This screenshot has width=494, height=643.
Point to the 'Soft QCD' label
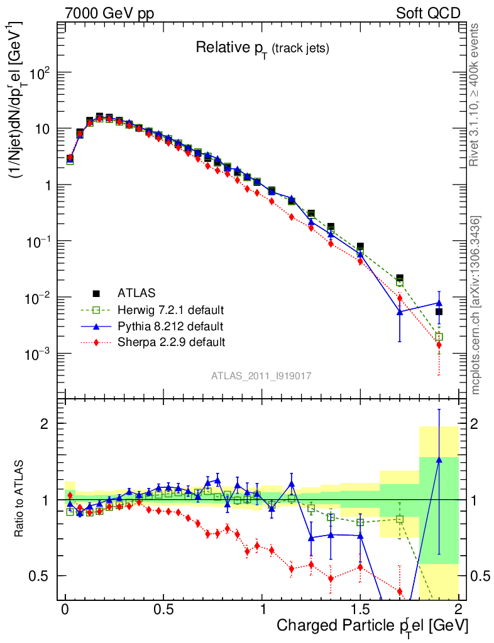click(x=428, y=13)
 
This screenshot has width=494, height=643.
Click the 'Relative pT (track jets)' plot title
click(x=262, y=48)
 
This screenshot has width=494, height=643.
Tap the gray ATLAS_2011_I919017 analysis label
click(x=261, y=376)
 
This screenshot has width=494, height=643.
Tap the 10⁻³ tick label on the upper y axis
click(x=38, y=354)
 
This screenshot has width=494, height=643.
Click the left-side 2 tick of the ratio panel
click(x=45, y=424)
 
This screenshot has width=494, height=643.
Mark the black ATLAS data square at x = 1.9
click(x=439, y=311)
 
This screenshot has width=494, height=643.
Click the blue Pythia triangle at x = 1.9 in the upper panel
click(x=439, y=303)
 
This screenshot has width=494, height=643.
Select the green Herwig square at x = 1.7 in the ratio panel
click(x=400, y=519)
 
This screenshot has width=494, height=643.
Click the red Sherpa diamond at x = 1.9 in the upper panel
click(x=439, y=345)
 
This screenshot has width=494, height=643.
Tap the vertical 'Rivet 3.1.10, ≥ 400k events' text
click(x=475, y=95)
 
